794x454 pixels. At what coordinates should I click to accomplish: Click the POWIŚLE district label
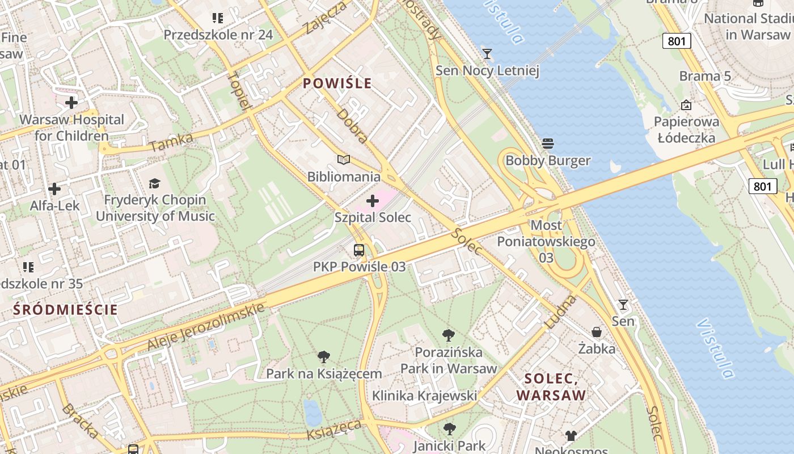click(x=337, y=84)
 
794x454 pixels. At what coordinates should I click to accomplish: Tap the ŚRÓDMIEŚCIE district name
click(x=65, y=310)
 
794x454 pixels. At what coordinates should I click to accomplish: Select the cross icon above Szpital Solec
click(x=373, y=201)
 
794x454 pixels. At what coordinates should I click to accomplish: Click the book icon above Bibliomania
click(x=344, y=159)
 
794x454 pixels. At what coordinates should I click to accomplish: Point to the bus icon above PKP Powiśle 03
click(x=359, y=250)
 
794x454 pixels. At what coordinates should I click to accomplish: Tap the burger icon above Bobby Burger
click(x=547, y=144)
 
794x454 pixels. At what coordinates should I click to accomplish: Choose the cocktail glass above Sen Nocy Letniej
click(x=487, y=54)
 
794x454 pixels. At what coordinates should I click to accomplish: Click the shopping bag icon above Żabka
click(x=597, y=331)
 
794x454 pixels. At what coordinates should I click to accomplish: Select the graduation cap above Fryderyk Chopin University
click(x=154, y=183)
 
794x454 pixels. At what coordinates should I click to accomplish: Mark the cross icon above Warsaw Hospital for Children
click(x=71, y=103)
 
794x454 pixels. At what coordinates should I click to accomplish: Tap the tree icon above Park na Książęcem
click(x=324, y=357)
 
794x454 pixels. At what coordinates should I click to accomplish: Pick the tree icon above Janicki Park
click(x=449, y=429)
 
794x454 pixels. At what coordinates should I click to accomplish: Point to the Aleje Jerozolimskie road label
click(x=206, y=326)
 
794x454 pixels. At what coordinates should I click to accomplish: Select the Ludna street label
click(x=560, y=312)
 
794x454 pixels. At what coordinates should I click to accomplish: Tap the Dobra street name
click(x=352, y=125)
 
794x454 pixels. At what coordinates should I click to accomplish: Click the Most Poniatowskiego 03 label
click(x=546, y=241)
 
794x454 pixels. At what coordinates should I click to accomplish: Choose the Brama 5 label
click(x=705, y=76)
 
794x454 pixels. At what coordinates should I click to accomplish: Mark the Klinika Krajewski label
click(x=424, y=396)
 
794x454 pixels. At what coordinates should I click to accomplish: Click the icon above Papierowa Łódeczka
click(x=686, y=105)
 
